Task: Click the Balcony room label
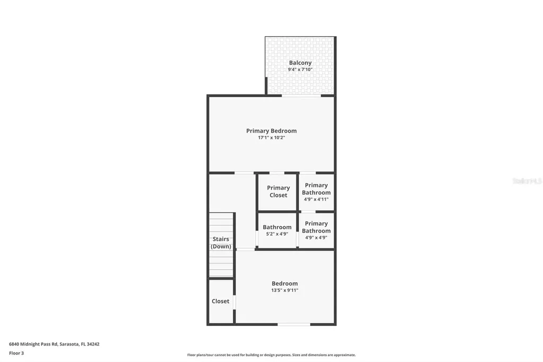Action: [x=300, y=63]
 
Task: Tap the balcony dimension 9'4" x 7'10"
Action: [x=300, y=70]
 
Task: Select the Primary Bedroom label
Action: [x=271, y=131]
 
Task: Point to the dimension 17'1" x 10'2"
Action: [x=271, y=138]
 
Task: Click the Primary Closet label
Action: [x=278, y=191]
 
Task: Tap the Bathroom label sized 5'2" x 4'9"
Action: [x=277, y=227]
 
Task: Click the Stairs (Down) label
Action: [x=221, y=243]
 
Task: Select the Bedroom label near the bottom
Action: [x=285, y=283]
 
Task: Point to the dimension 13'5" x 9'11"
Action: [x=285, y=290]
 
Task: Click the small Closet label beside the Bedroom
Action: [x=221, y=301]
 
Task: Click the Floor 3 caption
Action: [x=16, y=353]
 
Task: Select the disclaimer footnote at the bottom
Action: [x=271, y=355]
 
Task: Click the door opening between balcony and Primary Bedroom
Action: [x=301, y=96]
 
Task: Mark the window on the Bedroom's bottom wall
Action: [x=294, y=324]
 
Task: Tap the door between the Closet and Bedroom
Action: [x=234, y=301]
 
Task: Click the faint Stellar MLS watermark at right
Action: [x=527, y=181]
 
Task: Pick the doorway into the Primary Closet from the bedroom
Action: [x=277, y=173]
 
